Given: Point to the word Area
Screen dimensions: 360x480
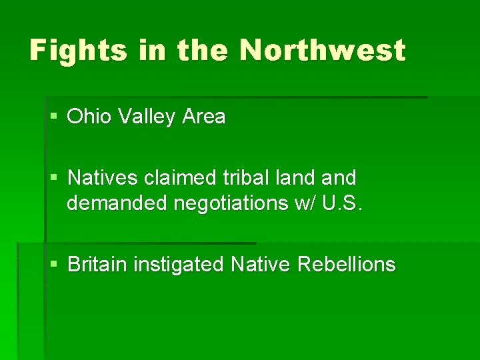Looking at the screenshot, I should [203, 117].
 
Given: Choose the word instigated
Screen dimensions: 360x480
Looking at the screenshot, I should [179, 265].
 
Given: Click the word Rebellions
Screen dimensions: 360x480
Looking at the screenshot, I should [347, 265].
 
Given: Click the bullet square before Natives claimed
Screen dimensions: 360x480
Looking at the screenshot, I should [54, 179].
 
